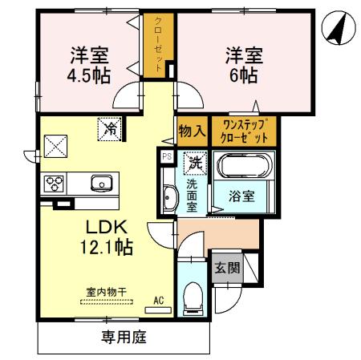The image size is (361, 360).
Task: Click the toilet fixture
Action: (x=193, y=301)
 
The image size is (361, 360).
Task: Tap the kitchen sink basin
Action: (x=102, y=183)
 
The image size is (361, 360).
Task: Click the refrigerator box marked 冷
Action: (x=107, y=127)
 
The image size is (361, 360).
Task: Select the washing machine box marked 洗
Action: (x=195, y=162)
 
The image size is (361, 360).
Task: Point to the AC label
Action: (x=159, y=301)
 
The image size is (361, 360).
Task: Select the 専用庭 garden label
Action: (x=124, y=338)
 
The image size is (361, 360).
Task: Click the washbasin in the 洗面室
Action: (x=170, y=198)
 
